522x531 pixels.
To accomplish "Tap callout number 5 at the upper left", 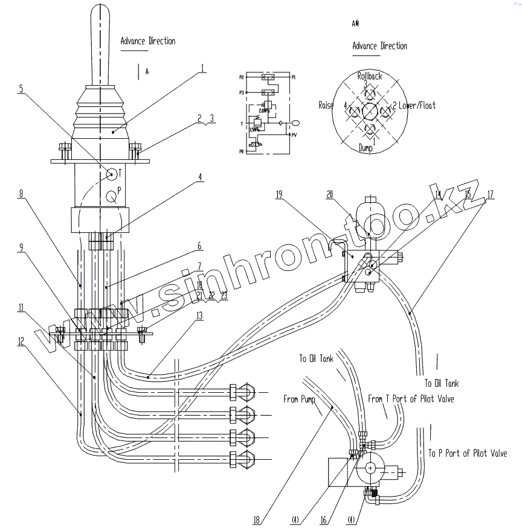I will click(22, 89).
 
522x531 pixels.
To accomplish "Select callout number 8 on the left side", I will click(21, 194).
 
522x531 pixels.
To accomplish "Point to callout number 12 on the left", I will click(21, 340).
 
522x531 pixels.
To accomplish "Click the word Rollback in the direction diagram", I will click(369, 77).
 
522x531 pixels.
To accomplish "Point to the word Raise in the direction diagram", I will click(326, 106).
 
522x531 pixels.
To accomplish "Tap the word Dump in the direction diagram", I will click(366, 147).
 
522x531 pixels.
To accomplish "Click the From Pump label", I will click(300, 399).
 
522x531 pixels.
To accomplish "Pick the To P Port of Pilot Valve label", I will click(467, 453).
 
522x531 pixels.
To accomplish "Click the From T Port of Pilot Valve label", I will click(411, 399).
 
